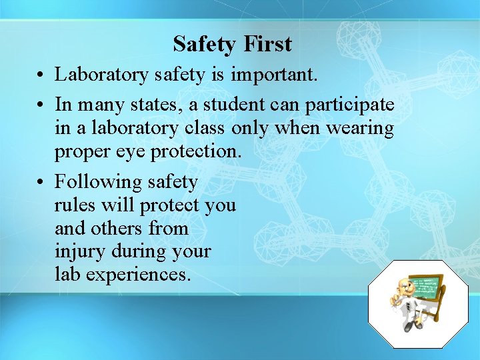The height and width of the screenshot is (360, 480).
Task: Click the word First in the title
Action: tap(268, 44)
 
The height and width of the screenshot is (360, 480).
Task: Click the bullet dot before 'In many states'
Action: tap(41, 105)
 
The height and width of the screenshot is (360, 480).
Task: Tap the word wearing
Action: tap(360, 129)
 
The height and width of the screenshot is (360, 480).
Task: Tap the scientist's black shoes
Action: tap(409, 326)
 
